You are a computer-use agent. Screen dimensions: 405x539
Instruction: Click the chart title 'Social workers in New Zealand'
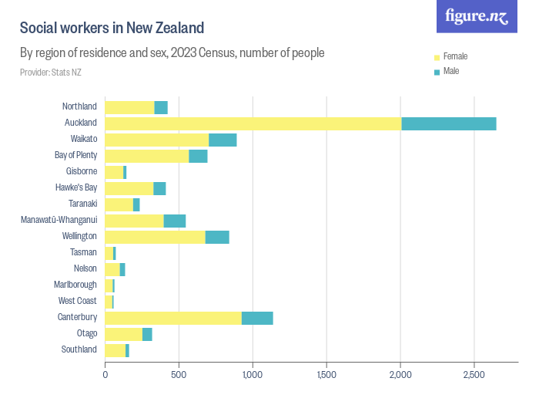(x=112, y=29)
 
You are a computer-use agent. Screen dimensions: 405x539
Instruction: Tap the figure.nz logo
(x=477, y=16)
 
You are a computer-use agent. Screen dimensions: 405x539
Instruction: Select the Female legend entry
(x=455, y=56)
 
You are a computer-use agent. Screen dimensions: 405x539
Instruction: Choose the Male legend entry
(x=451, y=71)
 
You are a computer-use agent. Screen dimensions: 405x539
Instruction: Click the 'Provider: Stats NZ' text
(x=50, y=73)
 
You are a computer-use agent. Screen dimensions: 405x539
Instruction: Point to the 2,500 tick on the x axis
(x=474, y=375)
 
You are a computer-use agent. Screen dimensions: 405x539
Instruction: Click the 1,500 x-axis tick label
(x=326, y=375)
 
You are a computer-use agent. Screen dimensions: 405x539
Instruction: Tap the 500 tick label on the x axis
(x=179, y=375)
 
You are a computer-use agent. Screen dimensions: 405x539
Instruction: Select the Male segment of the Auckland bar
(x=449, y=123)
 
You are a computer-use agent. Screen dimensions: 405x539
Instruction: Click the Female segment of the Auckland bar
(x=253, y=123)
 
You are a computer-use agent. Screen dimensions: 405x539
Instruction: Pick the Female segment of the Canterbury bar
(x=173, y=318)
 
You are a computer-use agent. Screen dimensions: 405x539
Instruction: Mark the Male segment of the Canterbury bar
(x=257, y=318)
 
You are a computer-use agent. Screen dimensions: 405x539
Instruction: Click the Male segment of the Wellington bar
(x=217, y=237)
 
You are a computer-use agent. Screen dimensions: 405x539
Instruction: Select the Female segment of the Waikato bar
(x=156, y=140)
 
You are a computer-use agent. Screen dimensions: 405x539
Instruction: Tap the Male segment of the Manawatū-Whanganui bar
(x=175, y=221)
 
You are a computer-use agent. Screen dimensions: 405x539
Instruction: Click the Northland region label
(x=79, y=106)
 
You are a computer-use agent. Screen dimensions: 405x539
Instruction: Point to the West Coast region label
(x=77, y=301)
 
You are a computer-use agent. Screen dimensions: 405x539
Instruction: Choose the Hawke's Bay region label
(x=75, y=187)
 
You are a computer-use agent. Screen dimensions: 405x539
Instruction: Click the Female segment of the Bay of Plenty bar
(x=146, y=156)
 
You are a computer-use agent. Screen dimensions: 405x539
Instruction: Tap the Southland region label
(x=79, y=349)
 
